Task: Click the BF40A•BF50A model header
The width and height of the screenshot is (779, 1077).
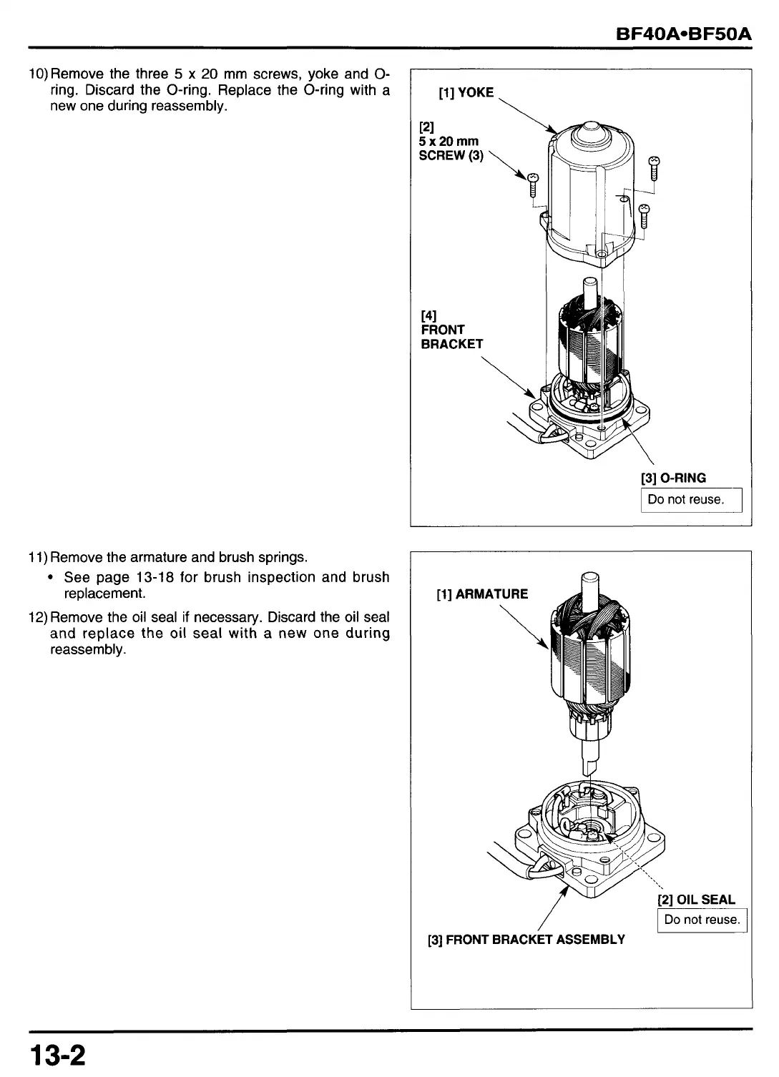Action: click(x=684, y=34)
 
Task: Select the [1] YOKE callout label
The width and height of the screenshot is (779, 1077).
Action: click(x=466, y=92)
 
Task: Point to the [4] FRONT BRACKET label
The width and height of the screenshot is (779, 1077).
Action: click(x=451, y=330)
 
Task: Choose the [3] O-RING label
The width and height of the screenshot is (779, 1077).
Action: click(x=672, y=478)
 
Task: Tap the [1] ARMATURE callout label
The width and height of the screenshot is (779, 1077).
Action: click(x=482, y=594)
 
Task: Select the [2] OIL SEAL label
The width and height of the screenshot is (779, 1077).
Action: click(x=696, y=900)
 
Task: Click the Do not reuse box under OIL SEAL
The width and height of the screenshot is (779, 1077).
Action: click(x=702, y=920)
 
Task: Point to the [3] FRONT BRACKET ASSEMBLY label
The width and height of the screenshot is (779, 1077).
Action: click(x=526, y=940)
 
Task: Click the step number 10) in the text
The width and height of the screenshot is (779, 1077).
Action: click(x=39, y=74)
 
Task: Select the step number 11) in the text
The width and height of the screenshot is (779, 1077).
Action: click(x=39, y=557)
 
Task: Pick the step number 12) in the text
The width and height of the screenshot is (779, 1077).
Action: click(x=39, y=617)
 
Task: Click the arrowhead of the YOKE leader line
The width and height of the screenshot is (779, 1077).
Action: click(x=554, y=132)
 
